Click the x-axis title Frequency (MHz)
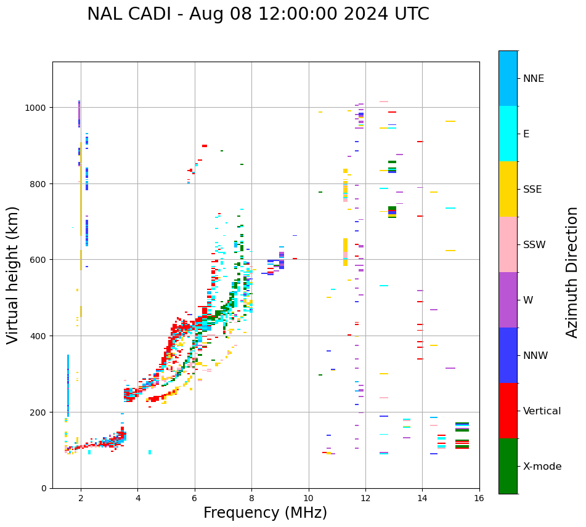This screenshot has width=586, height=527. [x=265, y=513]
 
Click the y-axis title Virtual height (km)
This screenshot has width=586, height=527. [x=13, y=275]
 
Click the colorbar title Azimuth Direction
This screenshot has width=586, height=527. [x=572, y=272]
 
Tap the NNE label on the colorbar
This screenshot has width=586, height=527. [x=534, y=79]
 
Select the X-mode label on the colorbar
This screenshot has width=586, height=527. [x=542, y=467]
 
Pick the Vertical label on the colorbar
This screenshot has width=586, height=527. [x=542, y=411]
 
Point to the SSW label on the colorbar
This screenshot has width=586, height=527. [x=534, y=245]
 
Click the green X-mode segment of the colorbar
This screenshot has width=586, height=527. [x=508, y=466]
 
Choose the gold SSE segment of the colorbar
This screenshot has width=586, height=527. [x=508, y=189]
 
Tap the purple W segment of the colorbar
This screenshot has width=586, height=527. [x=508, y=300]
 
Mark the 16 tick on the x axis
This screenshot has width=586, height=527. [x=479, y=498]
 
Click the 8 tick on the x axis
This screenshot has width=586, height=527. [x=251, y=498]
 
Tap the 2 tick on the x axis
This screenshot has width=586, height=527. [x=81, y=498]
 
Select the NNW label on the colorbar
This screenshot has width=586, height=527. [x=536, y=356]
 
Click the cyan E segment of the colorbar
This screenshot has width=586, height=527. [x=508, y=134]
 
